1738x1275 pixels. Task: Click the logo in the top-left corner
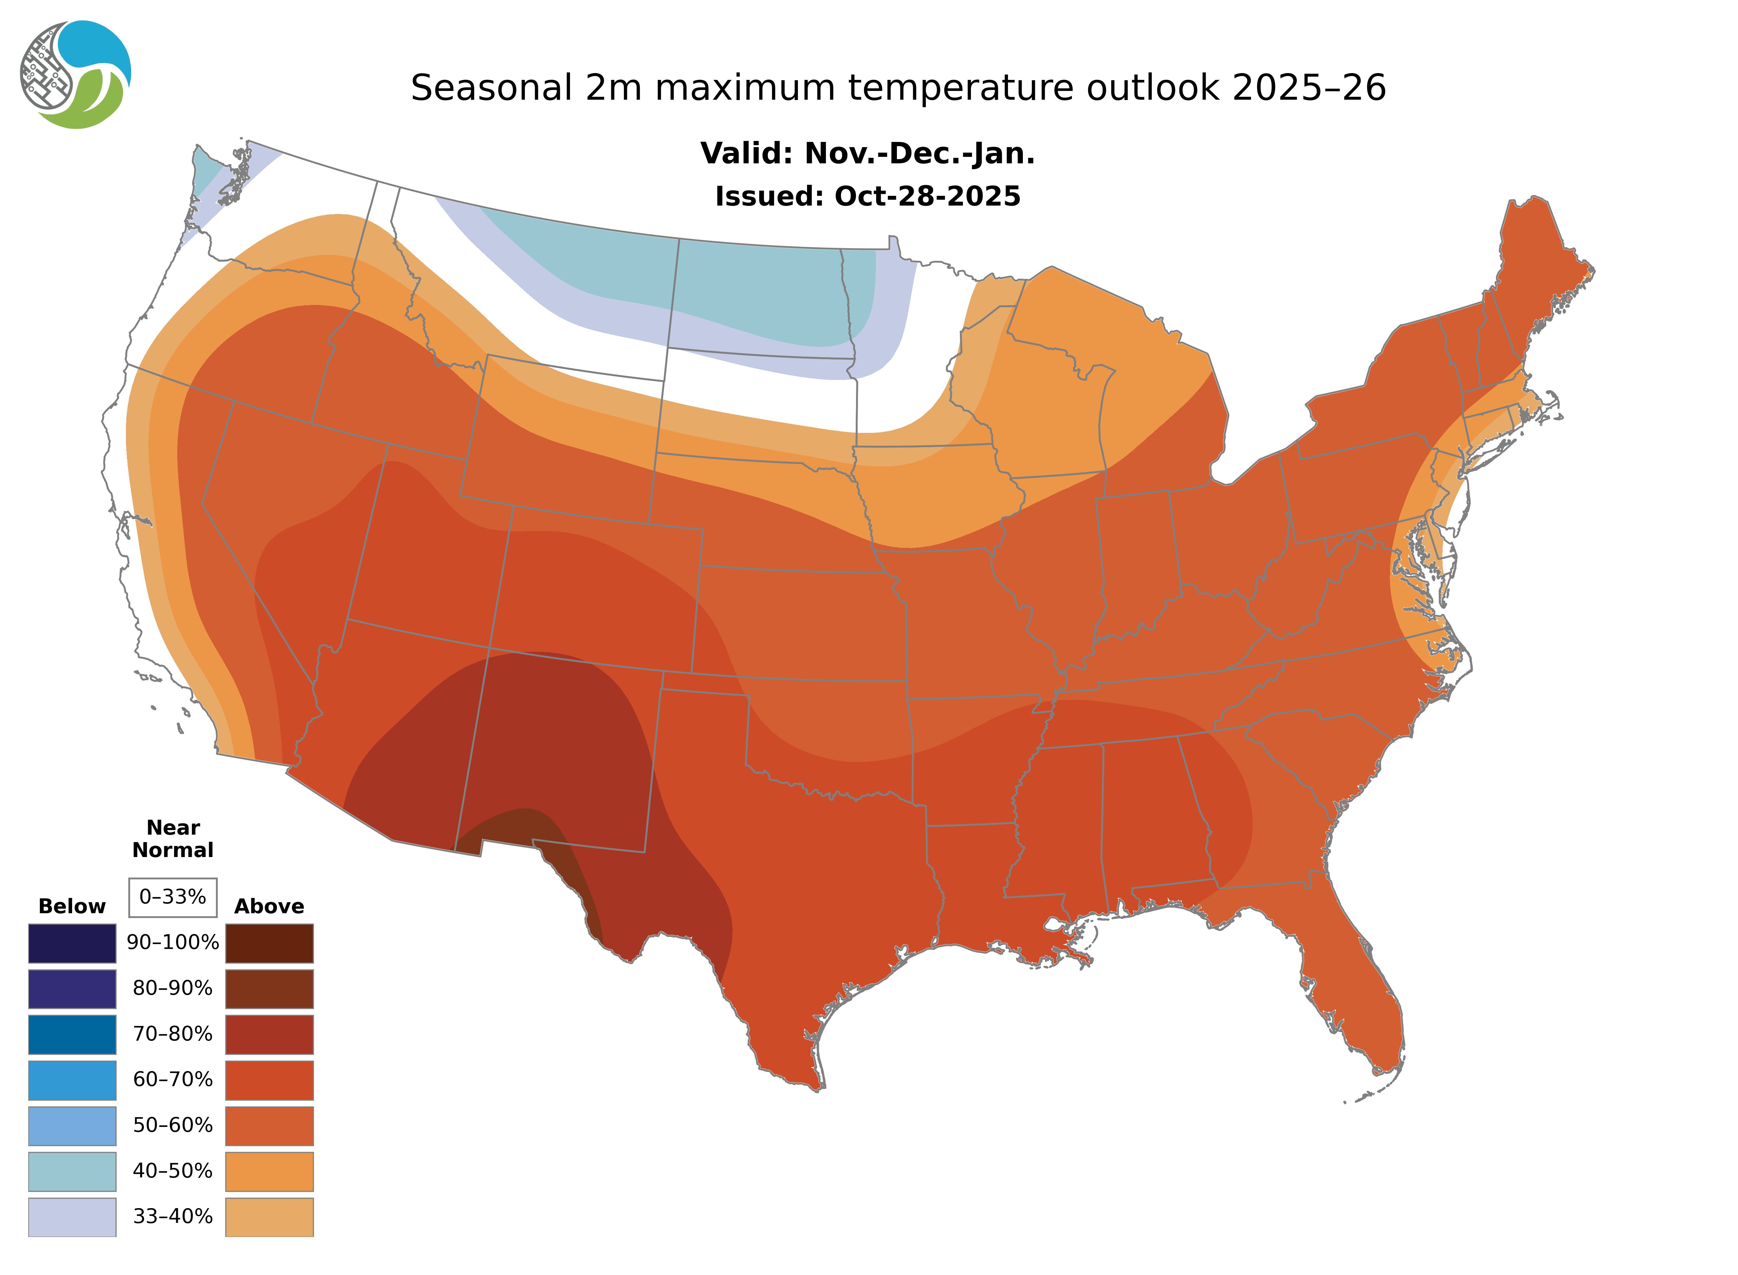[x=76, y=75]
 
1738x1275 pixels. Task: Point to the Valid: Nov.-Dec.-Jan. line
[x=867, y=154]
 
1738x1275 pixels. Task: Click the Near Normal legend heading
[x=173, y=839]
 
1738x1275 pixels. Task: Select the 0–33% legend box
[x=173, y=897]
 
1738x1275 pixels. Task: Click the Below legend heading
[x=72, y=906]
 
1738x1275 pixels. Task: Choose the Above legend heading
[x=269, y=906]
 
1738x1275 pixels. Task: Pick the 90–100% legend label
[x=173, y=942]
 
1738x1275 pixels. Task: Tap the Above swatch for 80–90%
[x=269, y=989]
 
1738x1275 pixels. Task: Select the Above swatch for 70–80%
[x=269, y=1034]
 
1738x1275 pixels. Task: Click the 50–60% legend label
[x=173, y=1125]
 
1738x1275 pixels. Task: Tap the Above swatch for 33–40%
[x=269, y=1216]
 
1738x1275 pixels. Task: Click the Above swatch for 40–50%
[x=269, y=1171]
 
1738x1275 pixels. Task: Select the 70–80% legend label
[x=173, y=1033]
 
